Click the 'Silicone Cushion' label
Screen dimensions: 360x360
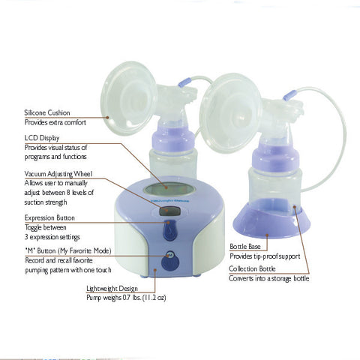(x=48, y=112)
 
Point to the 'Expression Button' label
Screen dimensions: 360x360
(x=49, y=217)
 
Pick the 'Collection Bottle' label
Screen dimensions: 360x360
(x=256, y=268)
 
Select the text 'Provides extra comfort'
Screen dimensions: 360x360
(x=55, y=122)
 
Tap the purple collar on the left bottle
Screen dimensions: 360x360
(x=173, y=139)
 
